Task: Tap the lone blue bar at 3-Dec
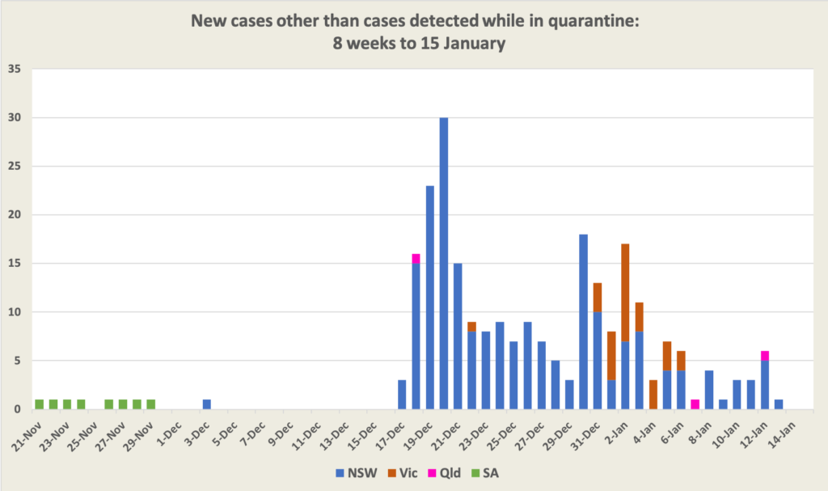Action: click(207, 404)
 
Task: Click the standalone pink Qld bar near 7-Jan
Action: click(695, 404)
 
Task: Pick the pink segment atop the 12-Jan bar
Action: click(765, 355)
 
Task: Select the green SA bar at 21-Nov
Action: click(39, 404)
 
